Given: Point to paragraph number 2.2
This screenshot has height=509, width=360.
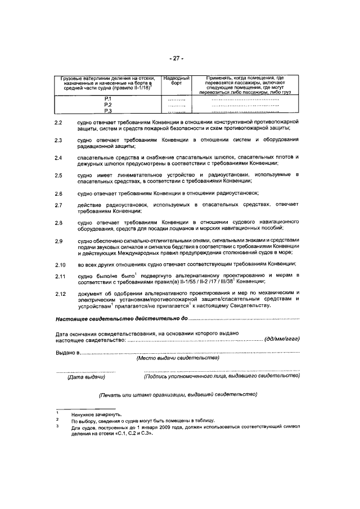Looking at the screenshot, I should pyautogui.click(x=58, y=122).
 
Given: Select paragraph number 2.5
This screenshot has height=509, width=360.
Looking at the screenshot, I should pyautogui.click(x=58, y=176).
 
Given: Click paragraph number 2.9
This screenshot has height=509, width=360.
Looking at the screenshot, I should pyautogui.click(x=58, y=241).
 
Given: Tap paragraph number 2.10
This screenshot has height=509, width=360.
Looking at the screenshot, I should pyautogui.click(x=60, y=264).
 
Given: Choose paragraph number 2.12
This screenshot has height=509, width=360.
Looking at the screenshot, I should pyautogui.click(x=60, y=293).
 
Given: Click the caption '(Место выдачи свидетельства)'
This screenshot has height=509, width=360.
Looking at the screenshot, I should pyautogui.click(x=178, y=358).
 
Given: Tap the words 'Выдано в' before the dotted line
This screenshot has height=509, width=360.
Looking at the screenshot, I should pyautogui.click(x=67, y=352).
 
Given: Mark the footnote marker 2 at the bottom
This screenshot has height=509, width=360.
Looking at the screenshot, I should pyautogui.click(x=57, y=420).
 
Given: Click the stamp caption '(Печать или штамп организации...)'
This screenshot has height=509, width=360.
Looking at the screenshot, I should pyautogui.click(x=178, y=394).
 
